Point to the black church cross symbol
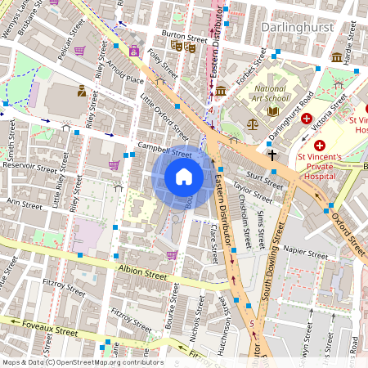point(272,153)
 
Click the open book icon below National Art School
point(274,110)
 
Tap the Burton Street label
point(184,37)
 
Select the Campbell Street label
point(164,150)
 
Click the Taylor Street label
point(252,194)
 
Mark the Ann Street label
point(24,201)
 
